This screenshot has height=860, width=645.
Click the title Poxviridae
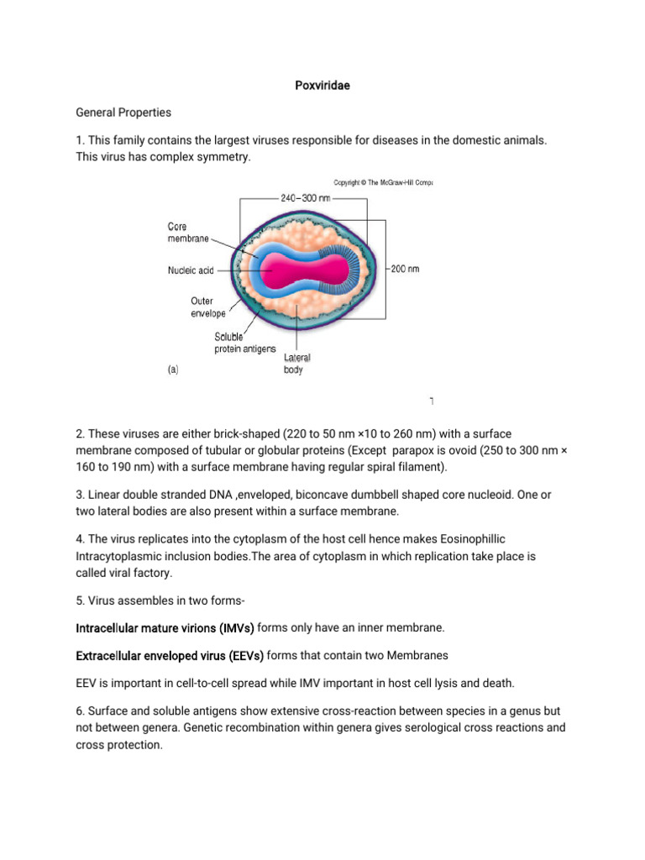(322, 86)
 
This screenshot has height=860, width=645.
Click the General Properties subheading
(123, 112)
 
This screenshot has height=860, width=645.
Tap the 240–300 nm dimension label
(305, 198)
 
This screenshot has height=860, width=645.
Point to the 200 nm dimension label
(405, 269)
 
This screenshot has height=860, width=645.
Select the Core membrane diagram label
(187, 233)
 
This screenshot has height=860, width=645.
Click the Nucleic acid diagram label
(190, 270)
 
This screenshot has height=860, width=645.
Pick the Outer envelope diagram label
(207, 307)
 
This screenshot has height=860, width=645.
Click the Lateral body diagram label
(296, 364)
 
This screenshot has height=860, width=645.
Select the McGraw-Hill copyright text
(383, 181)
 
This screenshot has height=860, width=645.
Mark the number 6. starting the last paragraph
(81, 711)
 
